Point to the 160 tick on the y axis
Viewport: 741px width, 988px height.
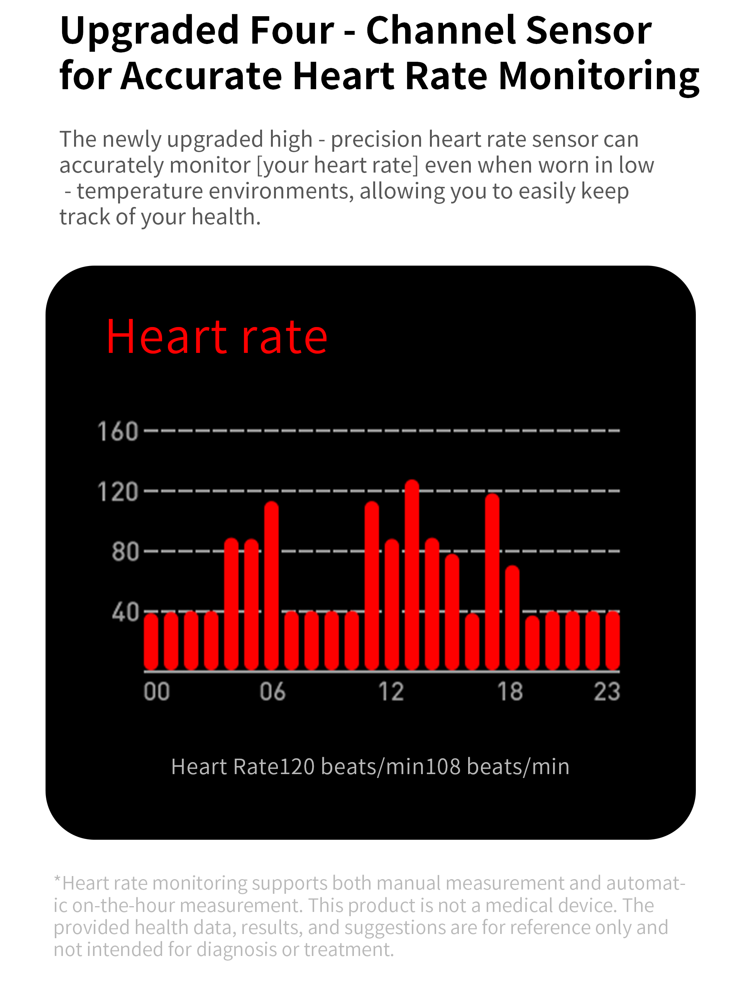coord(118,432)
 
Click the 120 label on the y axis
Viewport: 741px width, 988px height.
coord(118,492)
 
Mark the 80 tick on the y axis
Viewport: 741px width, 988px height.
coord(125,552)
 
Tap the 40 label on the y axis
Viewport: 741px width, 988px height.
coord(125,612)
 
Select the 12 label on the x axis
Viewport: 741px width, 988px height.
coord(391,692)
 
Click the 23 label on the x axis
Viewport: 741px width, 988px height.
coord(607,692)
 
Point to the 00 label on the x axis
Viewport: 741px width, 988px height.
coord(157,692)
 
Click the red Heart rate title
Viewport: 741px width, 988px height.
coord(217,337)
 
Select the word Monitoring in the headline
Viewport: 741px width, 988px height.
coord(598,76)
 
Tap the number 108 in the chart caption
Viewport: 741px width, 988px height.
coord(442,766)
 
